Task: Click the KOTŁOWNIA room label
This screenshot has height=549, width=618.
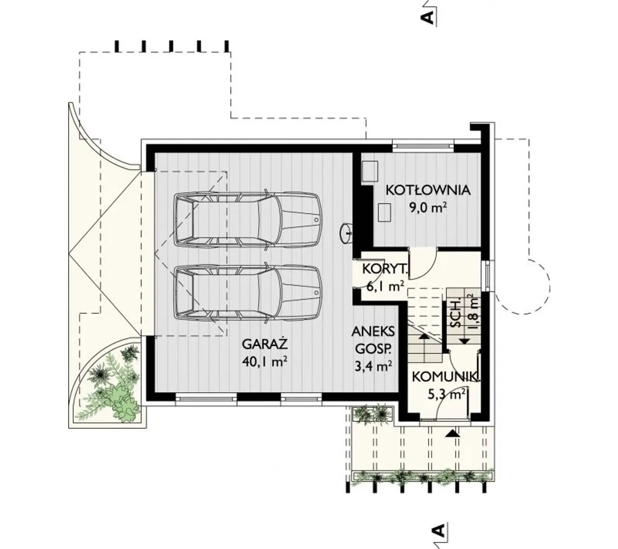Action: pyautogui.click(x=428, y=190)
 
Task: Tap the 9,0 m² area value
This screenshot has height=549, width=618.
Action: pyautogui.click(x=428, y=209)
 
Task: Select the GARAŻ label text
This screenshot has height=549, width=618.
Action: pyautogui.click(x=265, y=344)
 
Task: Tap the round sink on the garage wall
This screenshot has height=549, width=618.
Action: pyautogui.click(x=346, y=234)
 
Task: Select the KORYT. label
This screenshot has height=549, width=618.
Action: pyautogui.click(x=385, y=269)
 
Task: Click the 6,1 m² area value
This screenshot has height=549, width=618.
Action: pyautogui.click(x=385, y=287)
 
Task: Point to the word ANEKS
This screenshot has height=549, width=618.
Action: pyautogui.click(x=373, y=331)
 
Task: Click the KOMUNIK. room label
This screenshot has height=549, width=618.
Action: pyautogui.click(x=446, y=377)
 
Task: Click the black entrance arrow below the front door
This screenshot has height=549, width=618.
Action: pyautogui.click(x=452, y=434)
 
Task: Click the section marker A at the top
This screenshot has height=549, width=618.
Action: pyautogui.click(x=428, y=17)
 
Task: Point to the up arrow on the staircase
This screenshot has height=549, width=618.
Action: pyautogui.click(x=423, y=337)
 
